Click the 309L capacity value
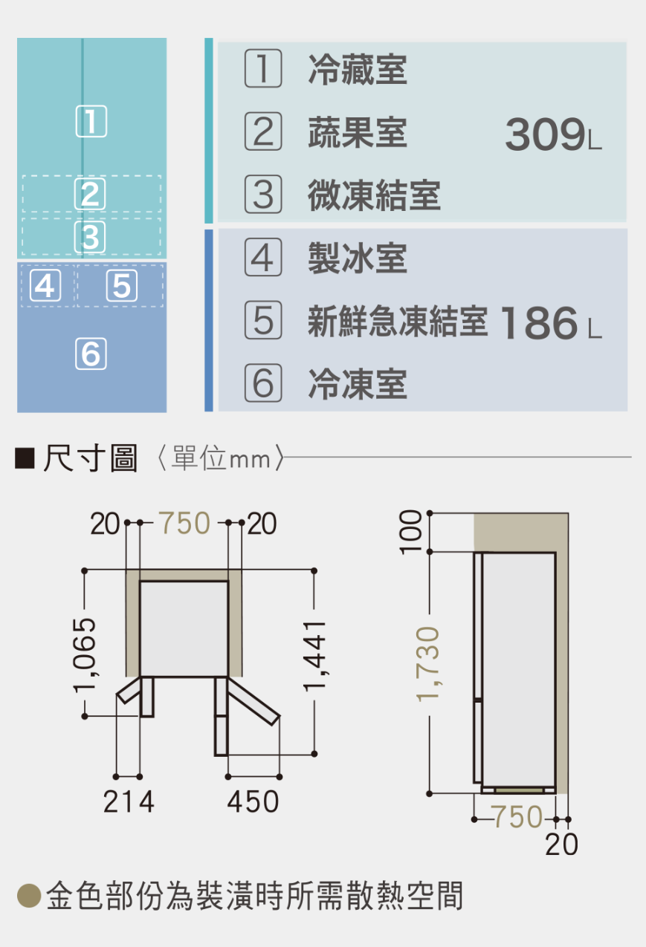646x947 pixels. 553,134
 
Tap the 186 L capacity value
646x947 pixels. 551,323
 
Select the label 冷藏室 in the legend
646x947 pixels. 358,70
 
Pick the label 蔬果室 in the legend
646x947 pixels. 358,133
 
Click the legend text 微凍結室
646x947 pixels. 374,195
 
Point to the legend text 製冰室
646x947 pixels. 358,258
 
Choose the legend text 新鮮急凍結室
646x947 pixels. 398,322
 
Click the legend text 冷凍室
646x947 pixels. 358,384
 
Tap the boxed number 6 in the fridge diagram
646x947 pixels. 91,354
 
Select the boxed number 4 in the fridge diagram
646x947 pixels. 45,286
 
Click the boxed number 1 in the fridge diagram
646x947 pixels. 91,121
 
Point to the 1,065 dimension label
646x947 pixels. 85,656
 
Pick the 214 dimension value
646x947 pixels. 129,802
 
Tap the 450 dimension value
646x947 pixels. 253,802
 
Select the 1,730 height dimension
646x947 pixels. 428,665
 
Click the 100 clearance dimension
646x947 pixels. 411,532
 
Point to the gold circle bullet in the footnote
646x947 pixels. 29,896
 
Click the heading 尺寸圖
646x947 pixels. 90,458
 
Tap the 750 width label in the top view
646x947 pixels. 184,523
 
